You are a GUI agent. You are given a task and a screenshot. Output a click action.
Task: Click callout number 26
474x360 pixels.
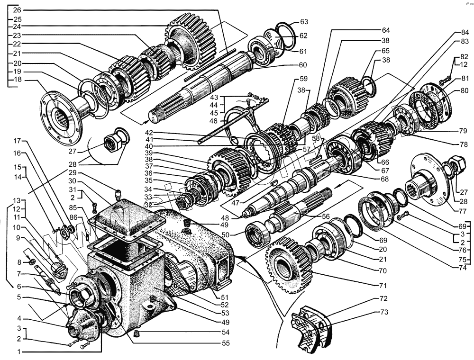click(17, 10)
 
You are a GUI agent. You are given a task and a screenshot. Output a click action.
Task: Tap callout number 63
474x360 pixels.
click(304, 22)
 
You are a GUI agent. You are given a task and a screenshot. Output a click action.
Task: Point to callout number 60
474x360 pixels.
click(302, 65)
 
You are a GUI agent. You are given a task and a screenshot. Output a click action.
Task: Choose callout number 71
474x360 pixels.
click(383, 286)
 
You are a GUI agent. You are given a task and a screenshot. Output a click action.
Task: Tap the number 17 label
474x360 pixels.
click(17, 141)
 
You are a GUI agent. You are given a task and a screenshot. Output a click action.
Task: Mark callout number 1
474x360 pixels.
click(18, 352)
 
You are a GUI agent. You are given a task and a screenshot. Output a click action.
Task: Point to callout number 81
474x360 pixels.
click(465, 78)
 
